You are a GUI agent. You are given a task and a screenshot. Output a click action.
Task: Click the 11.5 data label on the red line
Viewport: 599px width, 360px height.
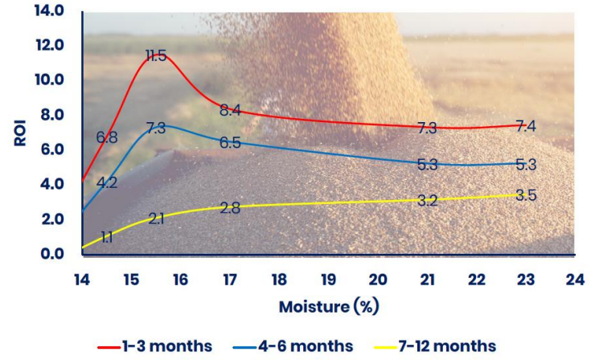pos(156,56)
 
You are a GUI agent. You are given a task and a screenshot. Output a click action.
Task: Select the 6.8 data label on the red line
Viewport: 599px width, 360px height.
pos(107,137)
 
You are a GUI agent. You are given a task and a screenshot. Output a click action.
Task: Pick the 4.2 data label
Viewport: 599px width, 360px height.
pos(107,182)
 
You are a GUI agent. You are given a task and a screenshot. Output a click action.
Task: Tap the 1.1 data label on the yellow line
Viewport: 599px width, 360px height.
pos(107,237)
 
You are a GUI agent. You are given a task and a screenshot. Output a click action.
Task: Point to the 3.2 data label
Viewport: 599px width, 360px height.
pos(428,201)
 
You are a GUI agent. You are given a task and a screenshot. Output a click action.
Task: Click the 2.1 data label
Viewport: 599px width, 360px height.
pos(156,219)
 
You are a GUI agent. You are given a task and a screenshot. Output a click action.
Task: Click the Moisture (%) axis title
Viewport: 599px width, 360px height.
pos(329,307)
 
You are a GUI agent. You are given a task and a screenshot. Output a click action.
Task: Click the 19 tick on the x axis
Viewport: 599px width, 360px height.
pos(328,280)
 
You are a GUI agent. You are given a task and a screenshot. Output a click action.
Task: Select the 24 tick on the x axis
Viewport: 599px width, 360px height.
pos(574,280)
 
